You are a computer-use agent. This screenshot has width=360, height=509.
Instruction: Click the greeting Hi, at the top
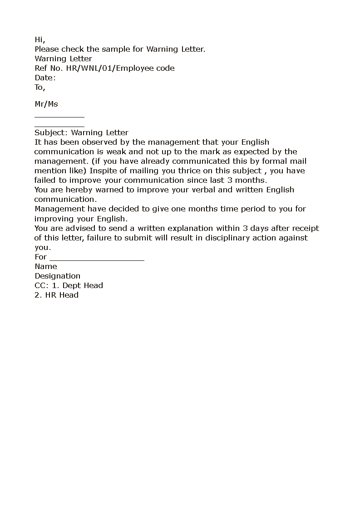point(40,40)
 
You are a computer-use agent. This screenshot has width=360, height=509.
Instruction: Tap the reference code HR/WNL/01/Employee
point(111,68)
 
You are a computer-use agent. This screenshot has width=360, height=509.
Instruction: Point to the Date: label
point(45,78)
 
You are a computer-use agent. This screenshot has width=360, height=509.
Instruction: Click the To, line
point(40,87)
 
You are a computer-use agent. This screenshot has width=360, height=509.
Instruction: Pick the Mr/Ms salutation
point(46,104)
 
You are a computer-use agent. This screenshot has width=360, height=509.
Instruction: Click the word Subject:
point(51,132)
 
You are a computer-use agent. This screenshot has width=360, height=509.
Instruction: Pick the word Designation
point(57,276)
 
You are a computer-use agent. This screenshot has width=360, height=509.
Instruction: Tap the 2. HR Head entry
point(56,295)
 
